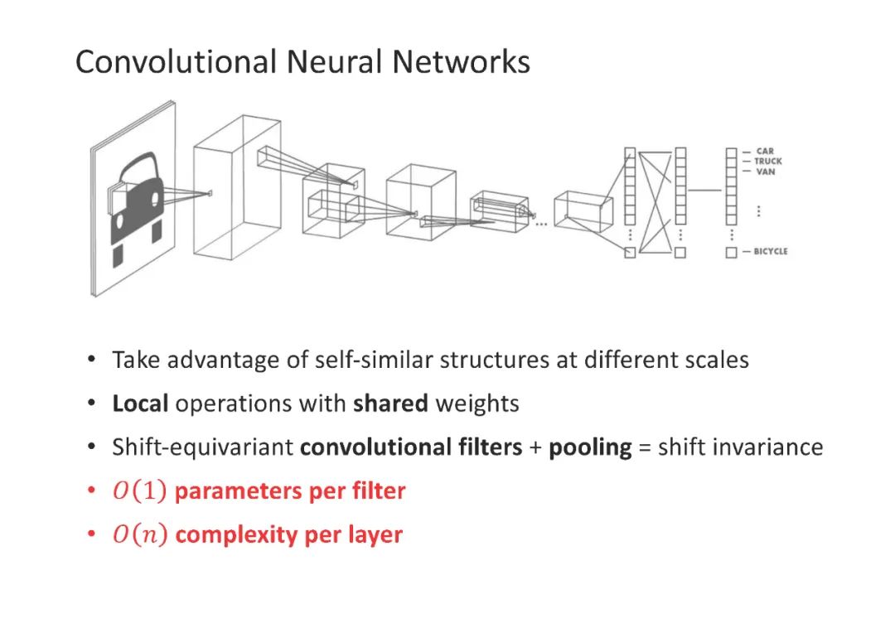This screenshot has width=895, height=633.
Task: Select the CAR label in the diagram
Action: [x=764, y=152]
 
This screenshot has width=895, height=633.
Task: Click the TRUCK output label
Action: [x=767, y=162]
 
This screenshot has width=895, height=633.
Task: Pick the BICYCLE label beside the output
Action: [x=771, y=252]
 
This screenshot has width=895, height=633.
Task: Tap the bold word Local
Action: [x=140, y=404]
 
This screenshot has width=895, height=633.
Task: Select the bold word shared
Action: [x=390, y=404]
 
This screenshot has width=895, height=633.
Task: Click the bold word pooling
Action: [x=590, y=447]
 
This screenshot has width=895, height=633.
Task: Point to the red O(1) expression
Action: [x=139, y=491]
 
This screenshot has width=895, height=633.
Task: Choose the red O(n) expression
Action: [x=139, y=535]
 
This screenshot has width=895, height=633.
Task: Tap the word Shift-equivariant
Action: [x=203, y=447]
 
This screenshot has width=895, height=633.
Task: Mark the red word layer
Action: [x=375, y=535]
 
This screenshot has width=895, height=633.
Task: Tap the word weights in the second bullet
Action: [x=477, y=404]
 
